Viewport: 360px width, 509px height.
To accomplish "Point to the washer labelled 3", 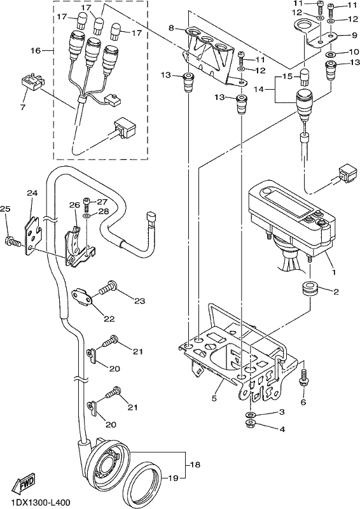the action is point(250,415).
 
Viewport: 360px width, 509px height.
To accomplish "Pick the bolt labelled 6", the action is point(303,378).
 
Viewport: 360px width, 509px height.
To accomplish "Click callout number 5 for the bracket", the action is point(214,398).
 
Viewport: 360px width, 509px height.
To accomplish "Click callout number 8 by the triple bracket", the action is point(171,28).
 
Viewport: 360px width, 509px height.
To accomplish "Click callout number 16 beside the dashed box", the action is point(36,51).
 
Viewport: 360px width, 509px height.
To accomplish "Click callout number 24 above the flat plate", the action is point(32,193).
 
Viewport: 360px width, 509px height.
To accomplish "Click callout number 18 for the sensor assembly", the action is point(195,464).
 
